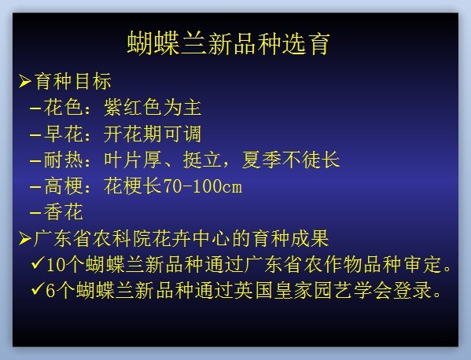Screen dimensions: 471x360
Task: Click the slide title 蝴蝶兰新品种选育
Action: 229,44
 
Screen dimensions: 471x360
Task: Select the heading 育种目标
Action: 73,82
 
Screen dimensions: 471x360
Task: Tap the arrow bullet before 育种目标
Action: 25,82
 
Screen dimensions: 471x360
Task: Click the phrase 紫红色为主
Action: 153,108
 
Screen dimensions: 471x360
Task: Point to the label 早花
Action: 63,134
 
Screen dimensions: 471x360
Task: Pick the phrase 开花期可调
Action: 153,134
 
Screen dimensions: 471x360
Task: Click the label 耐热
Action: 63,160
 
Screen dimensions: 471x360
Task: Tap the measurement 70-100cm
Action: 202,186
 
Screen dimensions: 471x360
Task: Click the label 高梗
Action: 63,186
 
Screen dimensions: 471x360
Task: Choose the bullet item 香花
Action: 63,212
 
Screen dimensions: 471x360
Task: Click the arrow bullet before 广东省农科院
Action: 25,239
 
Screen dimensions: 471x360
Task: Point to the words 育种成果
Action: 290,239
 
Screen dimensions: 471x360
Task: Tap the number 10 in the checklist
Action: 56,266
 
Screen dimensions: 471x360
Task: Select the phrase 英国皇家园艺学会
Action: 313,291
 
